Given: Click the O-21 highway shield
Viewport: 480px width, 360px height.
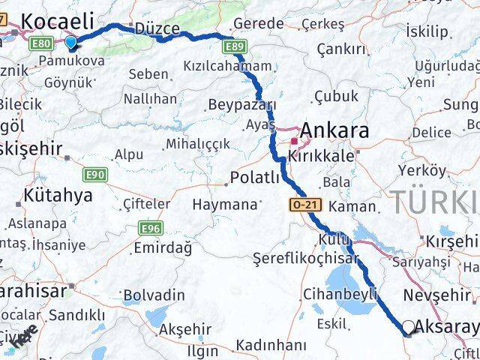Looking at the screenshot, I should [x=298, y=204].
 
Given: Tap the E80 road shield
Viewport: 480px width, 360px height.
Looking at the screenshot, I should [x=42, y=44].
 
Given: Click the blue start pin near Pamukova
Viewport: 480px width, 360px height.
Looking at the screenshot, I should [x=71, y=43].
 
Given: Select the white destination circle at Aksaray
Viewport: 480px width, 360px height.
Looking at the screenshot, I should [x=408, y=327].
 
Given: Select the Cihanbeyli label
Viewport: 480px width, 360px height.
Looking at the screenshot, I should [x=340, y=293].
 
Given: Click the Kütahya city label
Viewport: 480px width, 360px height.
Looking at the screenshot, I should [x=58, y=196].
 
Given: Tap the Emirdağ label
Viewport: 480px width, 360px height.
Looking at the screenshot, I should [x=161, y=247].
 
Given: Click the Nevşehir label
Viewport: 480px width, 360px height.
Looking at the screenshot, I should [x=436, y=295].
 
